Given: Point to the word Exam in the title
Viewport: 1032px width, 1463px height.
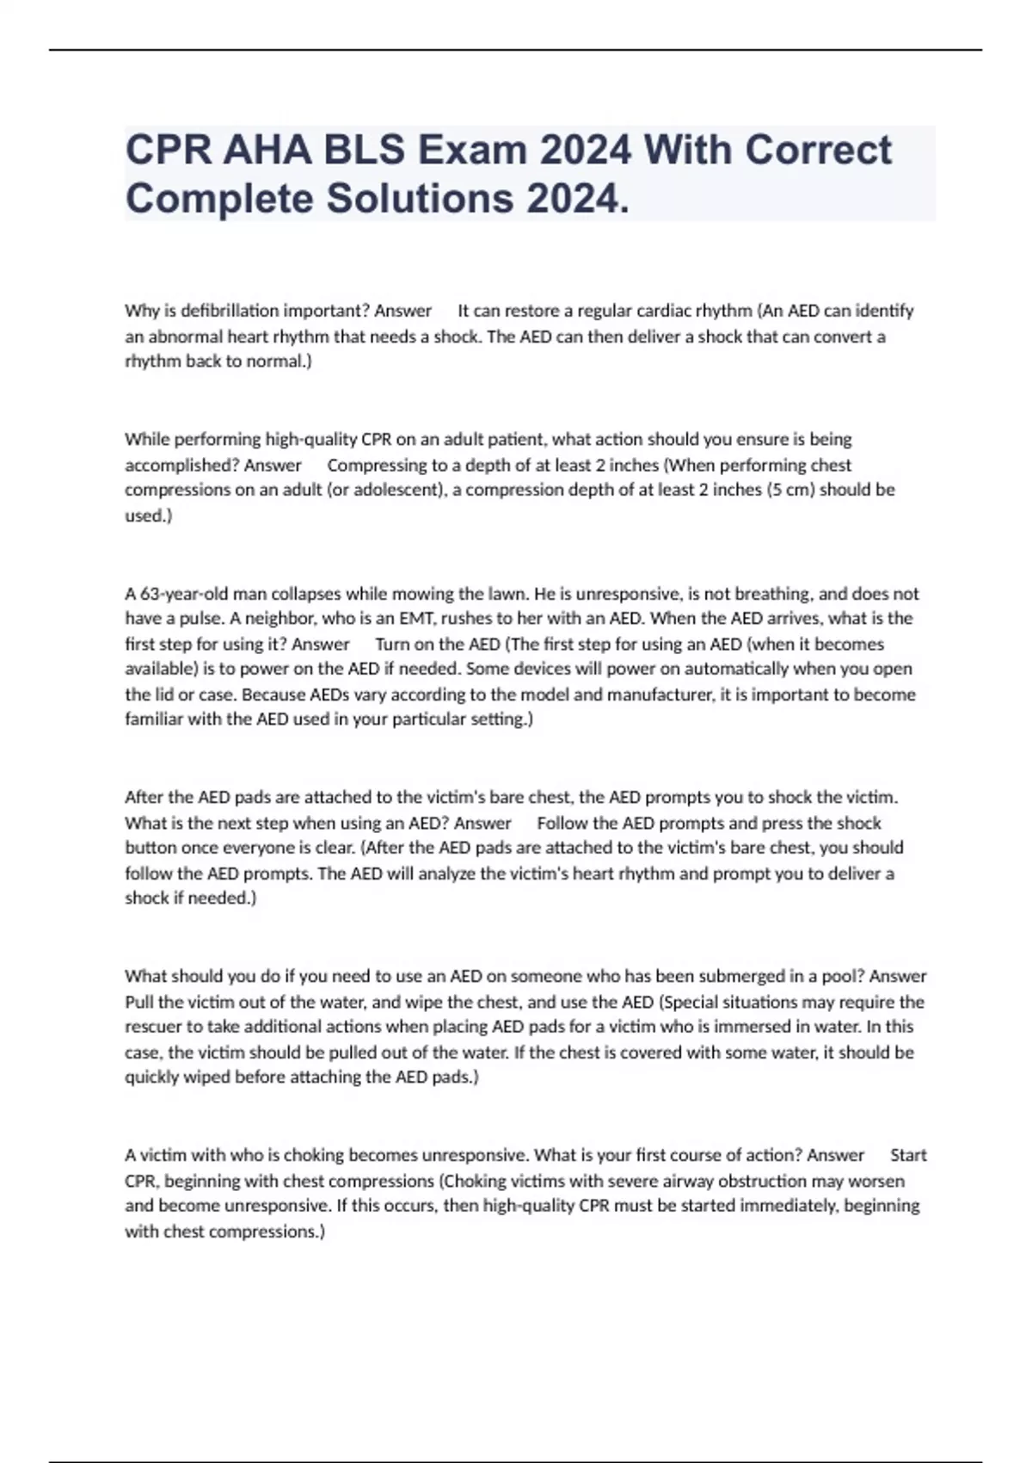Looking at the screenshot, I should click(472, 150).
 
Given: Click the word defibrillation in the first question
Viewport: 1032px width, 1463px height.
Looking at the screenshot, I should click(218, 311).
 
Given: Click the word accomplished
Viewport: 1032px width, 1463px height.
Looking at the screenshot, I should click(180, 466).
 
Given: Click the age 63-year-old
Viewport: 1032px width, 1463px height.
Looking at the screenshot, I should click(182, 594).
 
